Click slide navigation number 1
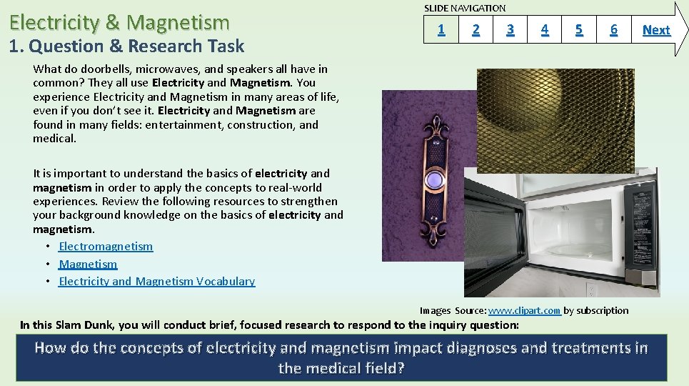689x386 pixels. tap(441, 29)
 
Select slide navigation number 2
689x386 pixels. tap(476, 29)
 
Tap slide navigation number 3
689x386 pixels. tap(510, 29)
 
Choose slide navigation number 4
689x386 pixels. tap(545, 29)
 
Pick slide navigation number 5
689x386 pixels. tap(579, 29)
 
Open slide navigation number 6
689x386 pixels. tap(613, 29)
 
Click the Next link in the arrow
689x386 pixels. tap(655, 30)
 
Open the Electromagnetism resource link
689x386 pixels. tap(106, 247)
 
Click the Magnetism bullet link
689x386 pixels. tap(88, 264)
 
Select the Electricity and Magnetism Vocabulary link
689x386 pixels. tap(156, 281)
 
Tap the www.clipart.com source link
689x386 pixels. tap(524, 310)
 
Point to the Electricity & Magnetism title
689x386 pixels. tap(119, 23)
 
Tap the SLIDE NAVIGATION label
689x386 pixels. tap(465, 8)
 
